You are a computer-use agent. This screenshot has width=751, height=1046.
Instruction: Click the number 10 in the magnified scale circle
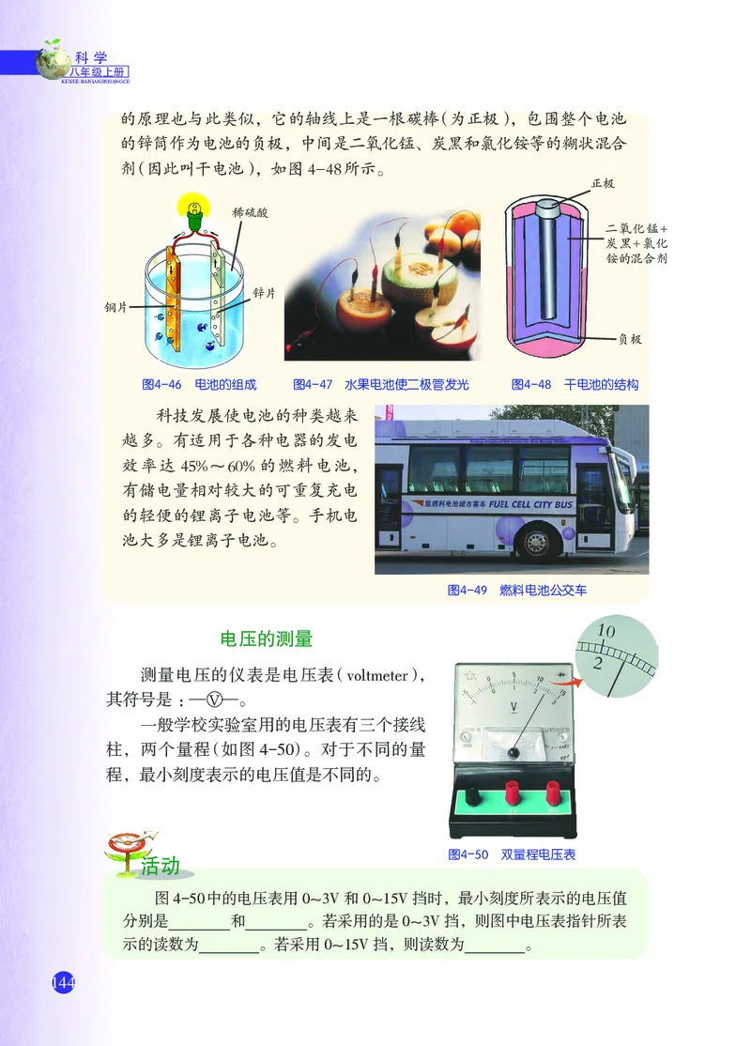point(605,631)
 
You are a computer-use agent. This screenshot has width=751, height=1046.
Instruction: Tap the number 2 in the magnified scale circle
point(598,663)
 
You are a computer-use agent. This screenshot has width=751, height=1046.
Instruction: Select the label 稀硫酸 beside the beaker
point(251,213)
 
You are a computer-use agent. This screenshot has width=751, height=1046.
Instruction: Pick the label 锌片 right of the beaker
point(264,293)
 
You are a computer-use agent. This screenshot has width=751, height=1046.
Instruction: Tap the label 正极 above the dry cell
point(603,183)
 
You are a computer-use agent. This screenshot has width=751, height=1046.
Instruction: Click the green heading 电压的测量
point(266,638)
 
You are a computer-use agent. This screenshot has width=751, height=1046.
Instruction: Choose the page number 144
point(62,982)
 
